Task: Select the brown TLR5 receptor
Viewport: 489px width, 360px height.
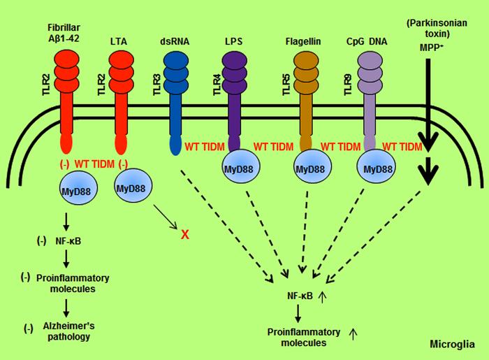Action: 306,98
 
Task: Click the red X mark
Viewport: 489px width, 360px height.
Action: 184,234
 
